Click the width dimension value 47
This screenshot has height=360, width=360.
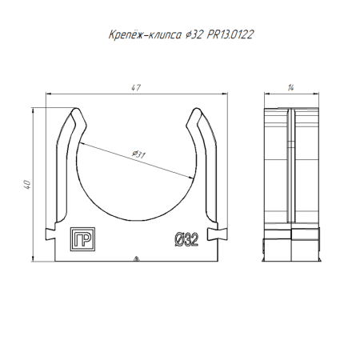136,88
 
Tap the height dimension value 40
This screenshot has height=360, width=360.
27,185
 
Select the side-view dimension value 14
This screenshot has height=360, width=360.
290,88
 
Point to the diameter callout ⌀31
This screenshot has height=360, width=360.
138,154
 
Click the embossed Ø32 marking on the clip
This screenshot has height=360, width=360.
186,239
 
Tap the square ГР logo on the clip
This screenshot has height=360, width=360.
82,239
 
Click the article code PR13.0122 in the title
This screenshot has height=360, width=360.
230,34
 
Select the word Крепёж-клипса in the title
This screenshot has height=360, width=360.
145,34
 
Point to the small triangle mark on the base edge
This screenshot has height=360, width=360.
136,258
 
